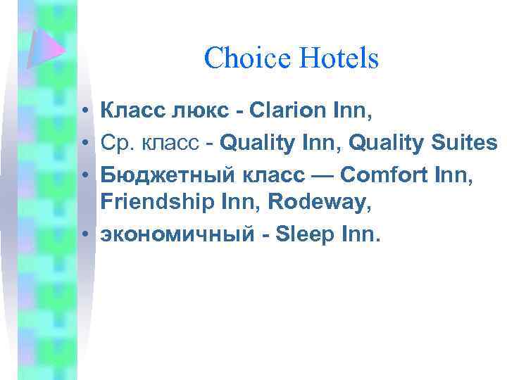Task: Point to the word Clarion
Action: coord(274,110)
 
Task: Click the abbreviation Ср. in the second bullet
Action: coord(115,144)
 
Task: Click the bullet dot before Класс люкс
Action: coord(84,111)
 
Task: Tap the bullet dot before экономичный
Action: coord(84,236)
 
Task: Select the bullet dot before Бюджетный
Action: coord(84,174)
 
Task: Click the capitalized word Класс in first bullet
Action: coord(130,110)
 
